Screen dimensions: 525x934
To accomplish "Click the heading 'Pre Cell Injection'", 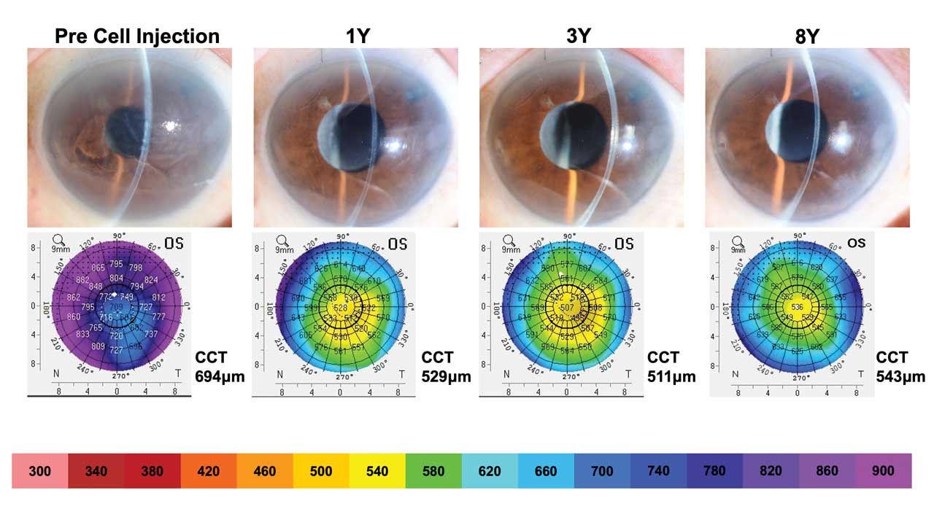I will (136, 36).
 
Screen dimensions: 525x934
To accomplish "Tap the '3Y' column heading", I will (579, 36).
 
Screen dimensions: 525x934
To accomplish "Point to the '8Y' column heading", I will (807, 36).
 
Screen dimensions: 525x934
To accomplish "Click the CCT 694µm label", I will (220, 367).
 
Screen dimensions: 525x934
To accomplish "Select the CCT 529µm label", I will (446, 367).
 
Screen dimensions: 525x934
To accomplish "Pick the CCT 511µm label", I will (671, 367).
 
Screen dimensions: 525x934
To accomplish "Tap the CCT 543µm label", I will (900, 367).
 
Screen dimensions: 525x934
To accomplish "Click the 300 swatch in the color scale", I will (40, 471).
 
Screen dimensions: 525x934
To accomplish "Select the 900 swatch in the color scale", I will (883, 471).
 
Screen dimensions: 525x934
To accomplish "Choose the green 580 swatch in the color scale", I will (433, 471).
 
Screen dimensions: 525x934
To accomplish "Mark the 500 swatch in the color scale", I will (321, 471).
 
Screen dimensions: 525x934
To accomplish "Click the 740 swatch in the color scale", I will (658, 471).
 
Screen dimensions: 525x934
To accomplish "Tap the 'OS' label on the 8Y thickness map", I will (856, 242).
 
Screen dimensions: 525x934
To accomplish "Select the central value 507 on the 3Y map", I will (567, 308).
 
